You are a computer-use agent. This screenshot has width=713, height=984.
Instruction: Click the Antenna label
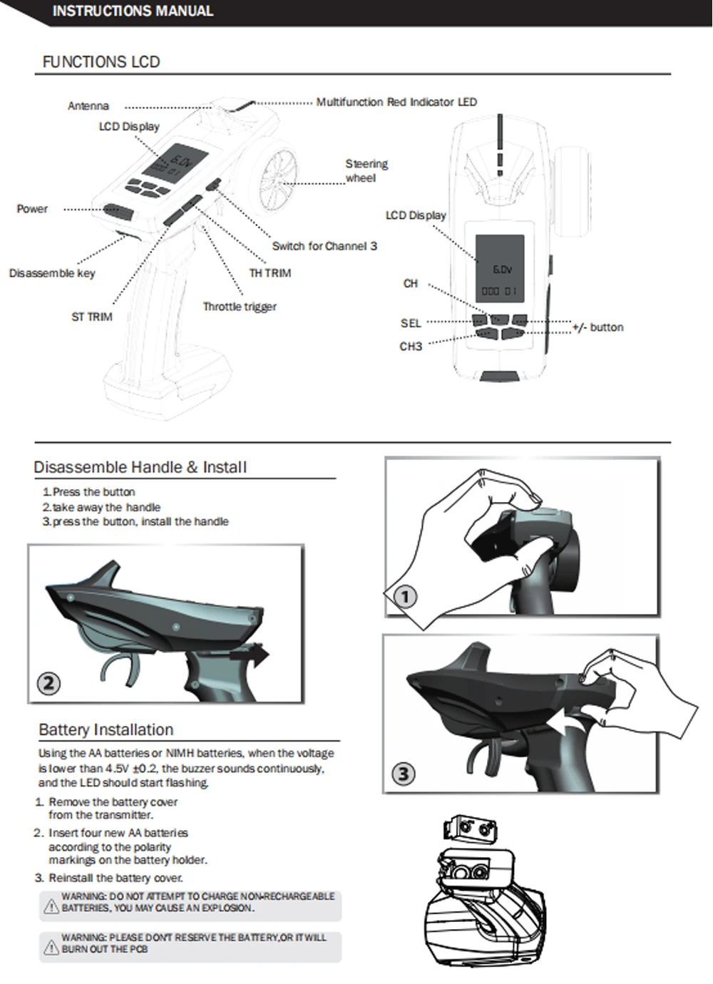(88, 106)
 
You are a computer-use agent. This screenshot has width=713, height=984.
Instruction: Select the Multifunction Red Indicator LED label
(396, 102)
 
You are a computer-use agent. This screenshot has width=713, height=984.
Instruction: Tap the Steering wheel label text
(366, 171)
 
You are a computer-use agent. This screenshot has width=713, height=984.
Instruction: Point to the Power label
(32, 209)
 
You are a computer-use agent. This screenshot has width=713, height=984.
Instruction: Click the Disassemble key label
(52, 273)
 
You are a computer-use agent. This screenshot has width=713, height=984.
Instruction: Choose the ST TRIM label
(92, 317)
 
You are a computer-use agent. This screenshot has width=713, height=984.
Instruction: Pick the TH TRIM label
(270, 273)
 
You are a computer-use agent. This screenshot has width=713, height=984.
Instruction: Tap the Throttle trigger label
(240, 307)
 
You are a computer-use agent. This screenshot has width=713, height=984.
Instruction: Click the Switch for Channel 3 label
(324, 246)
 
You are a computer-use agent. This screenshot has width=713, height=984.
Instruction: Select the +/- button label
(598, 327)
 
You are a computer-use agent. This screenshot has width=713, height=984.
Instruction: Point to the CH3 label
(411, 347)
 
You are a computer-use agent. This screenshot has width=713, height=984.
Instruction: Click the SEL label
(411, 323)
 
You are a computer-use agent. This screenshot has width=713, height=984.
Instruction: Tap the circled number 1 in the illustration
(405, 597)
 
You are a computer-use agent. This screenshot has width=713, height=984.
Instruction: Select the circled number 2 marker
(48, 683)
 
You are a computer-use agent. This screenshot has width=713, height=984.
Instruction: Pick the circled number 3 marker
(403, 774)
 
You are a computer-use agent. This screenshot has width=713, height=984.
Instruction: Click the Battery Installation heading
(106, 729)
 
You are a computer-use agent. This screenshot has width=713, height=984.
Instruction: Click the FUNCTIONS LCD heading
(101, 62)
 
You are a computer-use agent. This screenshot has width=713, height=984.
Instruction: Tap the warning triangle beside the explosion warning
(51, 906)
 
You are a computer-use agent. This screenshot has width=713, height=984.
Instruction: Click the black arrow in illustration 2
(249, 656)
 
